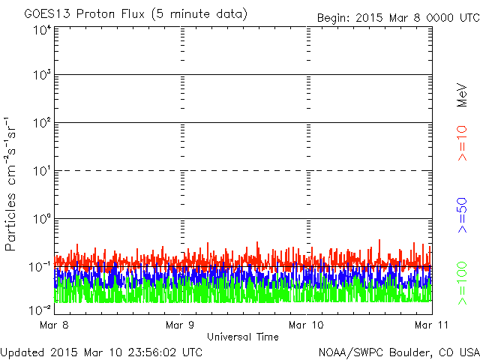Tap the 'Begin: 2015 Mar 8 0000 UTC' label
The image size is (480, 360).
pos(397,17)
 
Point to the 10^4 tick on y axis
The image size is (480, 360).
pos(42,30)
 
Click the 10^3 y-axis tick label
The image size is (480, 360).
pos(42,76)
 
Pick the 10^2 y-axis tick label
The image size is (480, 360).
pos(42,123)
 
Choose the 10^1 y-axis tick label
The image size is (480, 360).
pos(42,171)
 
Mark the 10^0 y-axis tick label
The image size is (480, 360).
pos(42,219)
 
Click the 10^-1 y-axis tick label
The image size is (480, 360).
pos(40,266)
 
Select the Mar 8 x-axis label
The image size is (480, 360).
pos(55,325)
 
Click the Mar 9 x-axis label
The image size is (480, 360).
pos(180,325)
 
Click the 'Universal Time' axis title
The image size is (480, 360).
pos(242,337)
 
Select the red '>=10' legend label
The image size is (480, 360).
pos(463,143)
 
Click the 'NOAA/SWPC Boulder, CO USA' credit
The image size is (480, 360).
pos(398,351)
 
